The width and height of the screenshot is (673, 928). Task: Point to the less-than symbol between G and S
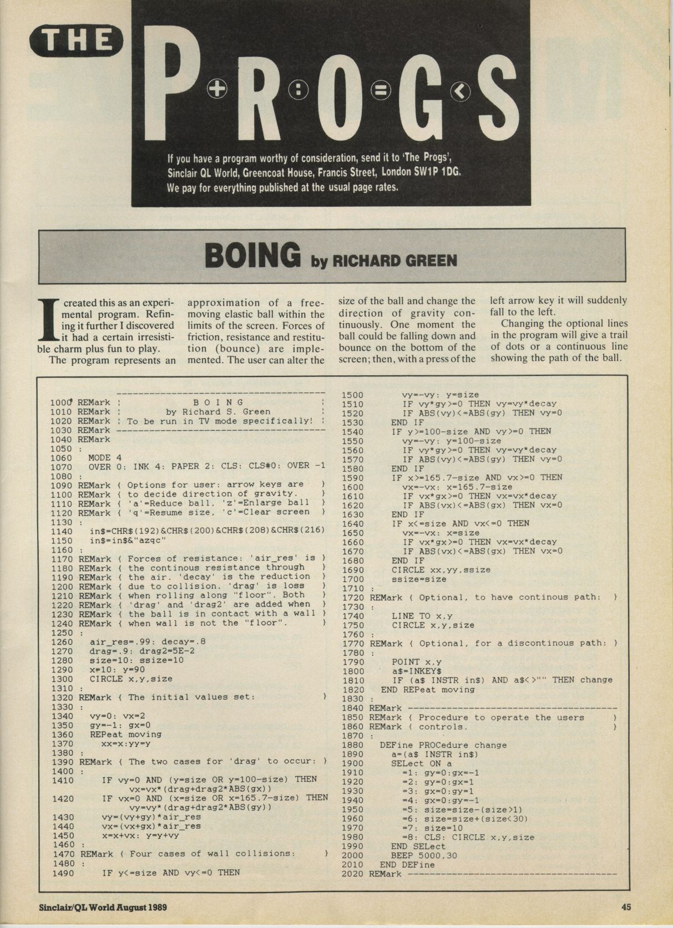(461, 91)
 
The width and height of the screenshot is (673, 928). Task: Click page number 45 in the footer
(625, 907)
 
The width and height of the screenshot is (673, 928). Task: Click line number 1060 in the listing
(61, 458)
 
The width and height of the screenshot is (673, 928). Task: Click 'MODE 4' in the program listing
(104, 458)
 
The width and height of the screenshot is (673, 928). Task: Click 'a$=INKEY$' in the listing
(413, 671)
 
